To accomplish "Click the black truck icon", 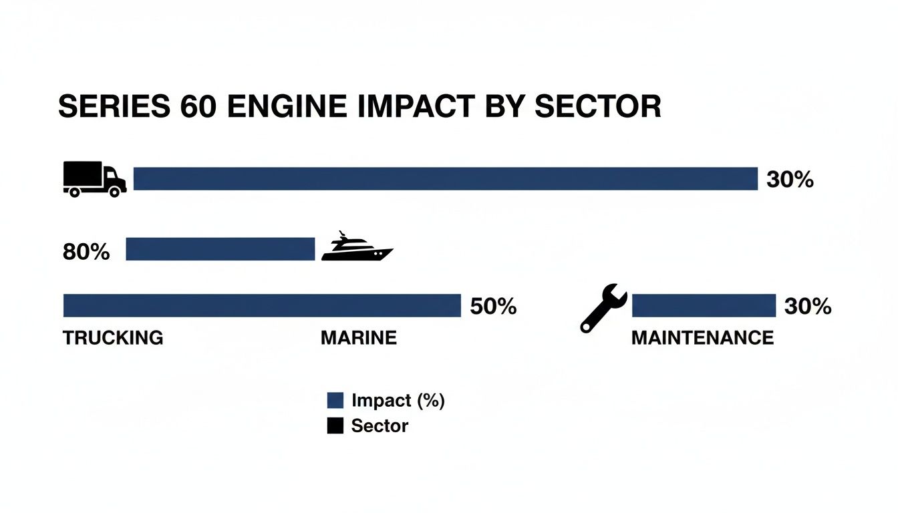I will coord(94,179).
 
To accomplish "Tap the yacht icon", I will coord(357,248).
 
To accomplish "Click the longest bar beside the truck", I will coord(446,179).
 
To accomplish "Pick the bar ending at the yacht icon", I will coord(220,248).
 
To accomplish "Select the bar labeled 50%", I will coord(262,306).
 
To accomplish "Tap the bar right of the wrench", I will coord(704,306).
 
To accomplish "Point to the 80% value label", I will coord(86,252).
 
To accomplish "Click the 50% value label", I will coord(493,307).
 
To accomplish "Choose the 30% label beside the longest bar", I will coord(790,180).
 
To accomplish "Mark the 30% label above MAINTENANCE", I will coord(808,307).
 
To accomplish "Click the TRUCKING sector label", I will coord(113,338).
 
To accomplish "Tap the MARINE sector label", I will coord(359,338).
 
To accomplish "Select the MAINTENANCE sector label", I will coord(702,338).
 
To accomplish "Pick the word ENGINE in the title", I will coord(289,108).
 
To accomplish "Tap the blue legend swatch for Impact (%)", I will coord(335,401).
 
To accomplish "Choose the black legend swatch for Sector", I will coord(335,425).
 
